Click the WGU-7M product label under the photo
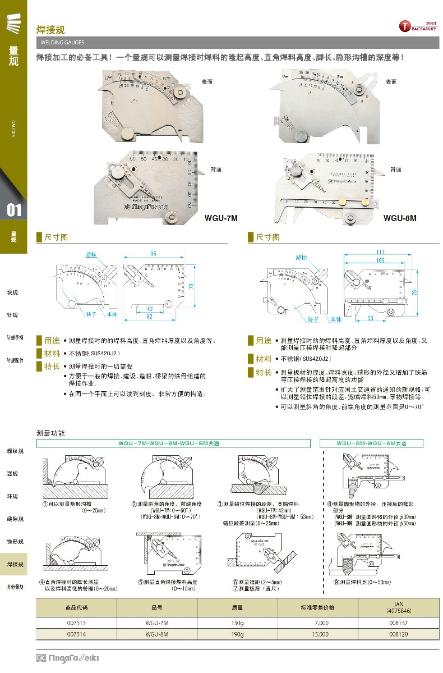click(x=221, y=218)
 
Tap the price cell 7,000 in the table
click(x=321, y=623)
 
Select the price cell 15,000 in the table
click(x=320, y=634)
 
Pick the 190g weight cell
click(x=238, y=634)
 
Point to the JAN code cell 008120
click(x=399, y=634)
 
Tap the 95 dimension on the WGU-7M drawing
click(x=153, y=254)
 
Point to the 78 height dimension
click(x=430, y=292)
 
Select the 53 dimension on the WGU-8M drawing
click(x=371, y=318)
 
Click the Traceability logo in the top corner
click(x=418, y=26)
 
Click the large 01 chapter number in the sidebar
click(x=14, y=210)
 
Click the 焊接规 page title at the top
click(x=50, y=30)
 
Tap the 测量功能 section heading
click(x=50, y=433)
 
